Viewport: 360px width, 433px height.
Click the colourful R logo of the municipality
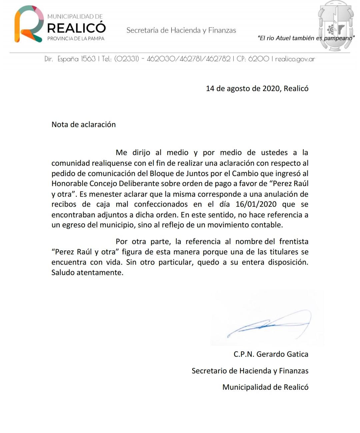[28, 24]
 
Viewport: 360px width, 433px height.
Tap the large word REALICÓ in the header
[76, 27]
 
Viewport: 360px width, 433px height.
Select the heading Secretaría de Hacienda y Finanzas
[181, 30]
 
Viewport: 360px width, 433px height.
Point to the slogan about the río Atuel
[306, 38]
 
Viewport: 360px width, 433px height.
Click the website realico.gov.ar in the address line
[295, 59]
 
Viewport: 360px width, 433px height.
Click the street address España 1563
[76, 59]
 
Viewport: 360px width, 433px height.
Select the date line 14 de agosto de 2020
[257, 88]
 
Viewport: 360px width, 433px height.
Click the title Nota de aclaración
[84, 124]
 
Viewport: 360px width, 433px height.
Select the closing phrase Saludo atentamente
[87, 272]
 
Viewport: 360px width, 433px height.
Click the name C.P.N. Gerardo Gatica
[271, 354]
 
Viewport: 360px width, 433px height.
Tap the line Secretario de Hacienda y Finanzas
[250, 371]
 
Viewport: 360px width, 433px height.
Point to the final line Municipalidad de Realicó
[265, 387]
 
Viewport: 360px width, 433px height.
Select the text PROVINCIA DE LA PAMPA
[76, 39]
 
